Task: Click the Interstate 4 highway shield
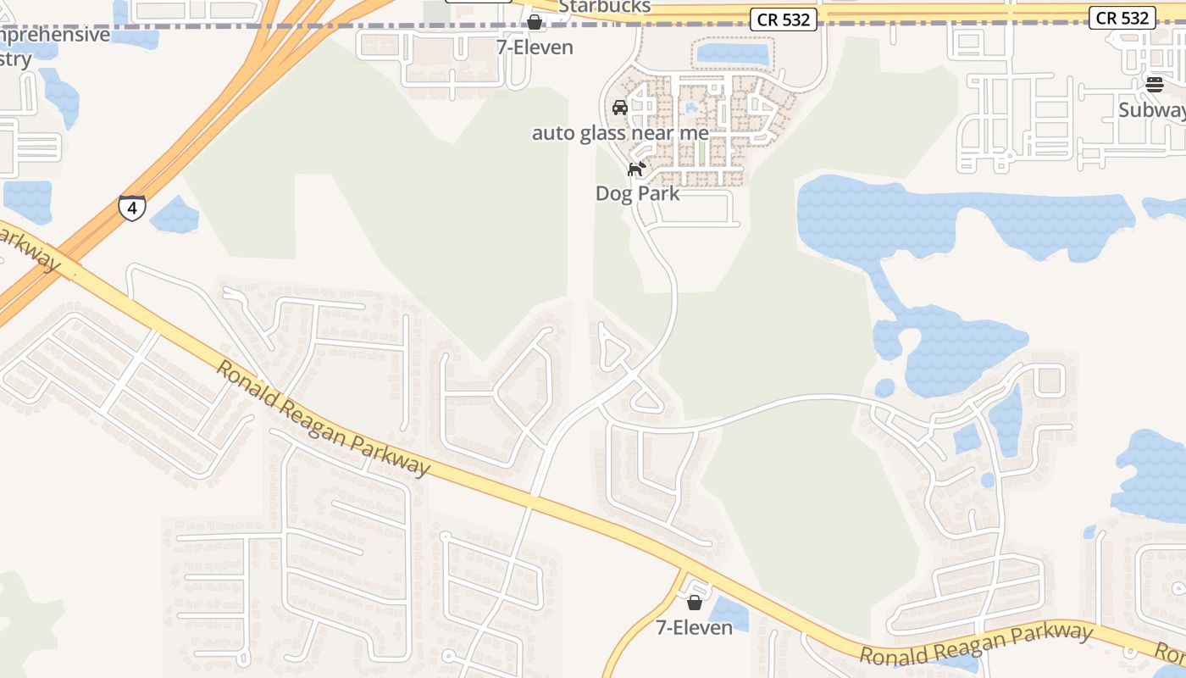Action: pyautogui.click(x=131, y=208)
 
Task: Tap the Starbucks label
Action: pyautogui.click(x=604, y=7)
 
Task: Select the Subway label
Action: pyautogui.click(x=1151, y=110)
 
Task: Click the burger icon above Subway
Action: pyautogui.click(x=1155, y=84)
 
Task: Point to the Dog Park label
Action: pyautogui.click(x=637, y=193)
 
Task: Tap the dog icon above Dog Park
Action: pyautogui.click(x=636, y=169)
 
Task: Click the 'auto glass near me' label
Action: pyautogui.click(x=620, y=133)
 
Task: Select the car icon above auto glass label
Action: pyautogui.click(x=620, y=108)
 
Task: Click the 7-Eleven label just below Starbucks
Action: pyautogui.click(x=535, y=47)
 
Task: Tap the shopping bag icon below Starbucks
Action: pyautogui.click(x=535, y=21)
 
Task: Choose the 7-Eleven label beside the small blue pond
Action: pyautogui.click(x=695, y=628)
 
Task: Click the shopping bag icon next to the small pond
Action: pyautogui.click(x=695, y=603)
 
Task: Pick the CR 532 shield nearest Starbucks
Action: pyautogui.click(x=784, y=19)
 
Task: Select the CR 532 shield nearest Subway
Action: pyautogui.click(x=1122, y=18)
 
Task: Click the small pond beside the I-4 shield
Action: pyautogui.click(x=175, y=215)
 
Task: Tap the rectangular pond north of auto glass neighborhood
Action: pyautogui.click(x=731, y=54)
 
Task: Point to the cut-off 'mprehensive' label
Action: pyautogui.click(x=55, y=36)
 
